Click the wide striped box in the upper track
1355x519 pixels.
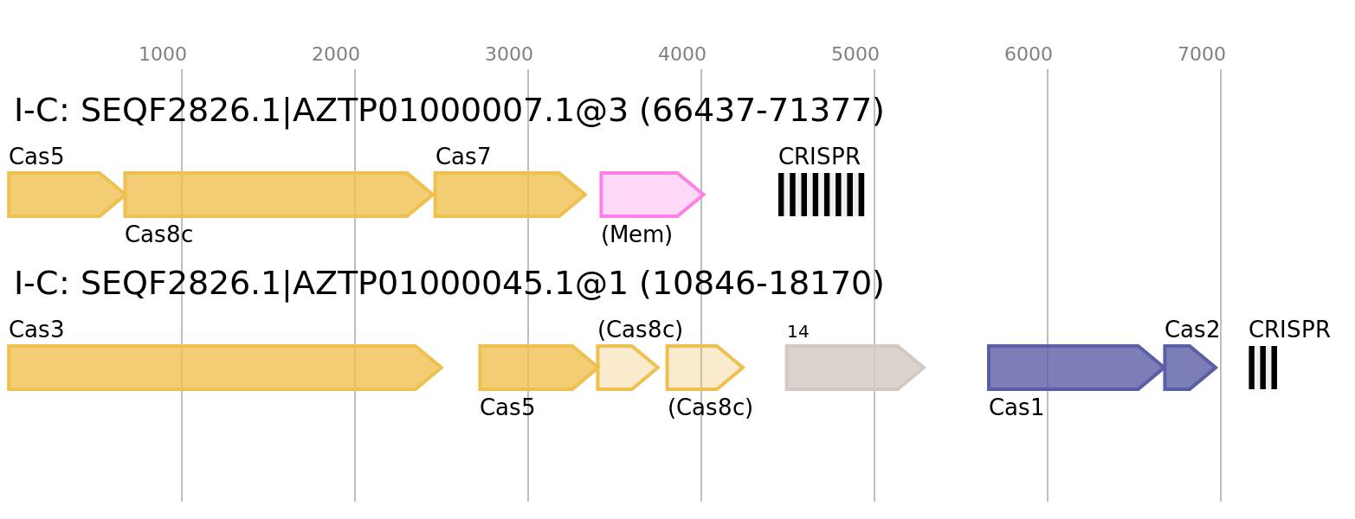[821, 195]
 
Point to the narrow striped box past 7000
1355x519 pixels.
[1262, 368]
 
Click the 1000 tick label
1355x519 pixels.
[163, 54]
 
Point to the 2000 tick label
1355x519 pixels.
[336, 54]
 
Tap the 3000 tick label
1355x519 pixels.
[509, 54]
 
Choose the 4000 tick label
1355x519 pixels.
[682, 54]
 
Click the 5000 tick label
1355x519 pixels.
[855, 54]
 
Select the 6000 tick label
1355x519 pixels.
[1029, 54]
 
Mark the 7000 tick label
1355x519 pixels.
[1202, 54]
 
